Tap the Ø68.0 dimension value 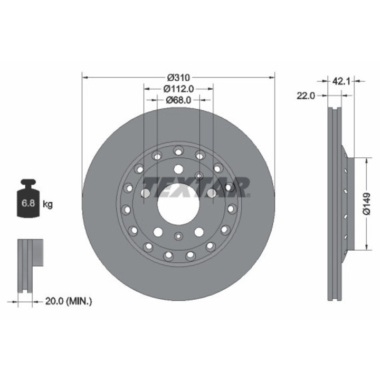pyautogui.click(x=178, y=100)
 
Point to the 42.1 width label pyautogui.click(x=338, y=81)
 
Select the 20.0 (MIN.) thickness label pyautogui.click(x=68, y=301)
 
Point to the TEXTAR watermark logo pyautogui.click(x=196, y=186)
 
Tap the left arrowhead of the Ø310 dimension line pyautogui.click(x=85, y=78)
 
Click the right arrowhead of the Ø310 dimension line pyautogui.click(x=272, y=78)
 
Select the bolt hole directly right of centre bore pyautogui.click(x=212, y=193)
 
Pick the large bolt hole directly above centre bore pyautogui.click(x=178, y=169)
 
